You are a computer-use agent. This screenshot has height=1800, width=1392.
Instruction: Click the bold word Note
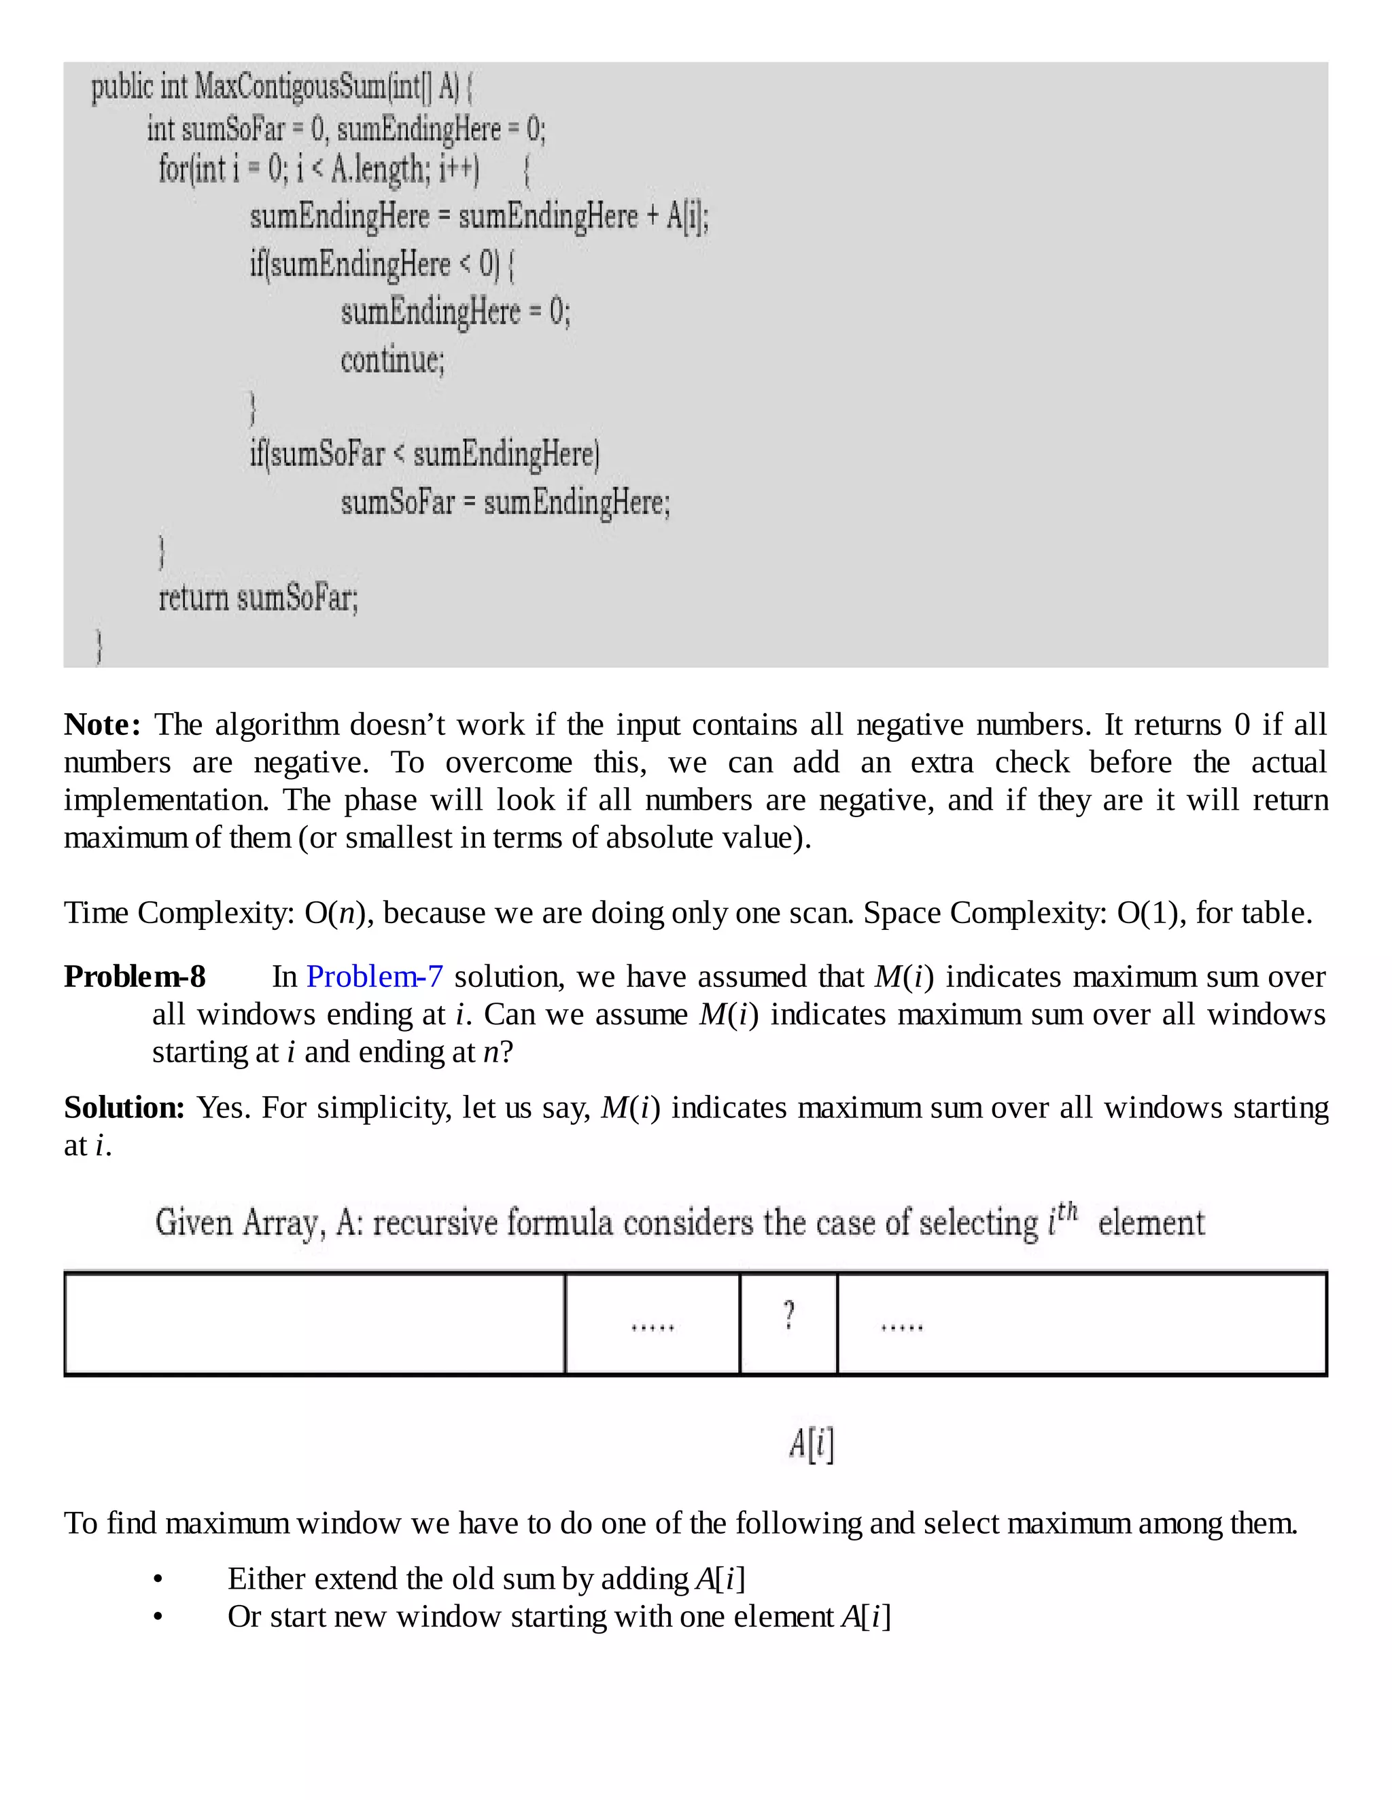[x=101, y=725]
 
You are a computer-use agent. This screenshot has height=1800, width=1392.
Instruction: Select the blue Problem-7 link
[x=375, y=977]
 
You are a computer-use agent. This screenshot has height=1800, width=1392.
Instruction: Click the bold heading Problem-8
[x=135, y=977]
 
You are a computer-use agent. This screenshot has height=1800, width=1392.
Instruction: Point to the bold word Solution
[x=124, y=1108]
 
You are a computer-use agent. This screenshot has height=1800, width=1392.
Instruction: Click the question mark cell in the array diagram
[x=788, y=1316]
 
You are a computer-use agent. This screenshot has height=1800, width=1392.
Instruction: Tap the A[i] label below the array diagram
[x=812, y=1444]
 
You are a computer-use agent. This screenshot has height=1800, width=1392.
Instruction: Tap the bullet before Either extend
[x=158, y=1580]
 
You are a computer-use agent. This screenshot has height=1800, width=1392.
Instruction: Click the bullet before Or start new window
[x=158, y=1618]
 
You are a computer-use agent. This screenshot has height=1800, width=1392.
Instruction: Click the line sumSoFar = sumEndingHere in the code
[x=506, y=503]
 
